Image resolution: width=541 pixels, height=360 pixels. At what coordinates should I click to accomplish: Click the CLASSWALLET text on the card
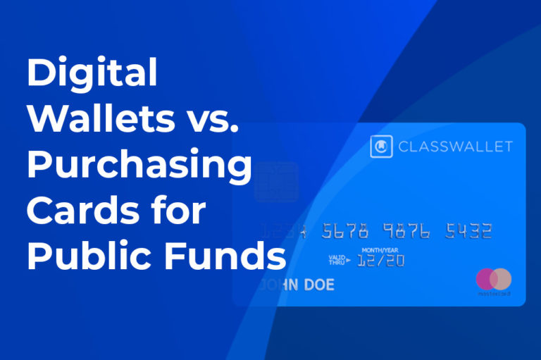coord(455,147)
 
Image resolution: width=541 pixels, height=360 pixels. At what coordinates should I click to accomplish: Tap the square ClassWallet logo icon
coord(381,147)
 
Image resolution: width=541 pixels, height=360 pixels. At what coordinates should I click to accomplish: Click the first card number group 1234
coord(286,231)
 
